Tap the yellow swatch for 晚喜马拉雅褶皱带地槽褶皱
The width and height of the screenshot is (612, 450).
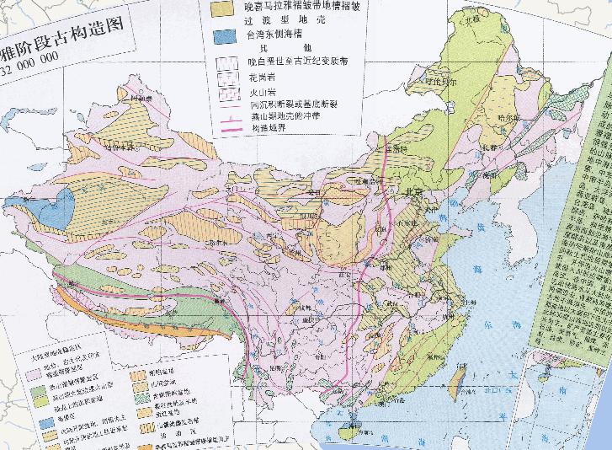pyautogui.click(x=224, y=7)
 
